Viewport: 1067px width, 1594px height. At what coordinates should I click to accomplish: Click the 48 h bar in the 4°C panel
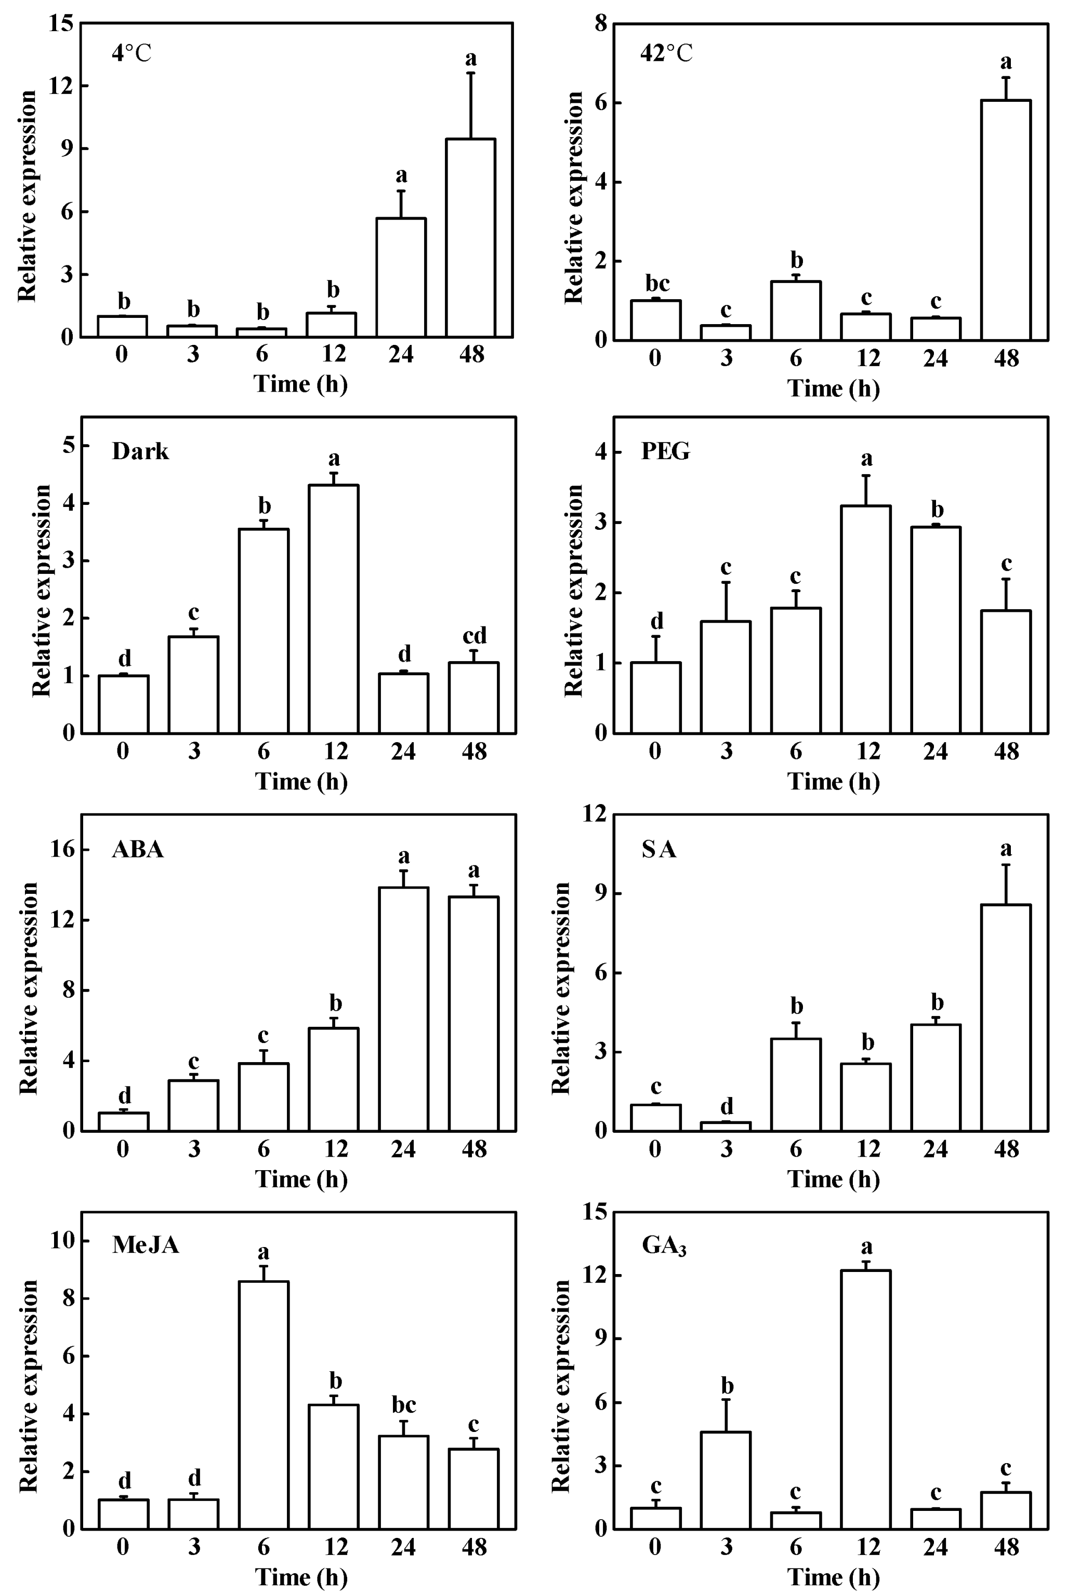[x=470, y=238]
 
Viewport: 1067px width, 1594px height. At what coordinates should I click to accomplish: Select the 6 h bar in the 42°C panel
[x=796, y=311]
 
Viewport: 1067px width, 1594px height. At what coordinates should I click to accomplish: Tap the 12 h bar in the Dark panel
[x=334, y=609]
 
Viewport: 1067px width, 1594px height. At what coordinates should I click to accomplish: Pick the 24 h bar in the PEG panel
[x=936, y=629]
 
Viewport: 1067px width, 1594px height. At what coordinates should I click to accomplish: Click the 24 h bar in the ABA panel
[x=403, y=1009]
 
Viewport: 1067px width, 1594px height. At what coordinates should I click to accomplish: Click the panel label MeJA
[x=146, y=1244]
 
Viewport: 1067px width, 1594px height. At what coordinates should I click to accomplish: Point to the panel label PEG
[x=666, y=451]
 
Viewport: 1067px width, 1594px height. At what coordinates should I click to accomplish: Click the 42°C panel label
[x=666, y=53]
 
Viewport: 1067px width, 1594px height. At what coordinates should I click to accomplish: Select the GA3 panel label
[x=664, y=1245]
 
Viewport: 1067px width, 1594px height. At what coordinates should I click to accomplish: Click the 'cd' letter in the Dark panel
[x=475, y=636]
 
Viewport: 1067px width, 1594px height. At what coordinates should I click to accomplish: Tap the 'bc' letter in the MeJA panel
[x=403, y=1404]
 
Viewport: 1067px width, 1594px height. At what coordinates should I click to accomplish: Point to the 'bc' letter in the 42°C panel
[x=656, y=283]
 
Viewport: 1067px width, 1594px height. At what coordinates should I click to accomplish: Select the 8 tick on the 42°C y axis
[x=600, y=23]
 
